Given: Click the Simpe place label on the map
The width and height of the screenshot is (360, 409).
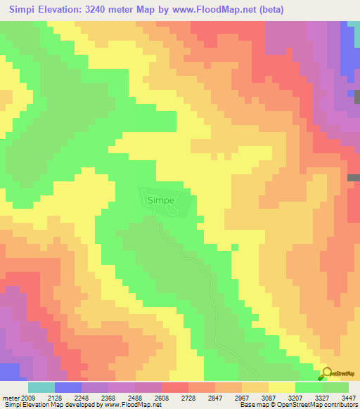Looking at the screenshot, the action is (160, 200).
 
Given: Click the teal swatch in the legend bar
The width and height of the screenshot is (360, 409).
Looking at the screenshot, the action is (41, 387).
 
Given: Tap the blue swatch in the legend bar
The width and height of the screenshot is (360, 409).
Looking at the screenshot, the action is (68, 387).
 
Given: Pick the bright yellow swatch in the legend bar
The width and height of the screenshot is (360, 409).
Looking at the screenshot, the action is (281, 387).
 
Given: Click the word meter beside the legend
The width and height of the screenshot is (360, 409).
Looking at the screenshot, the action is (11, 398).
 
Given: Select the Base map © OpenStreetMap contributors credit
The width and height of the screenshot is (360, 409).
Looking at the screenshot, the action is (297, 405).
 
